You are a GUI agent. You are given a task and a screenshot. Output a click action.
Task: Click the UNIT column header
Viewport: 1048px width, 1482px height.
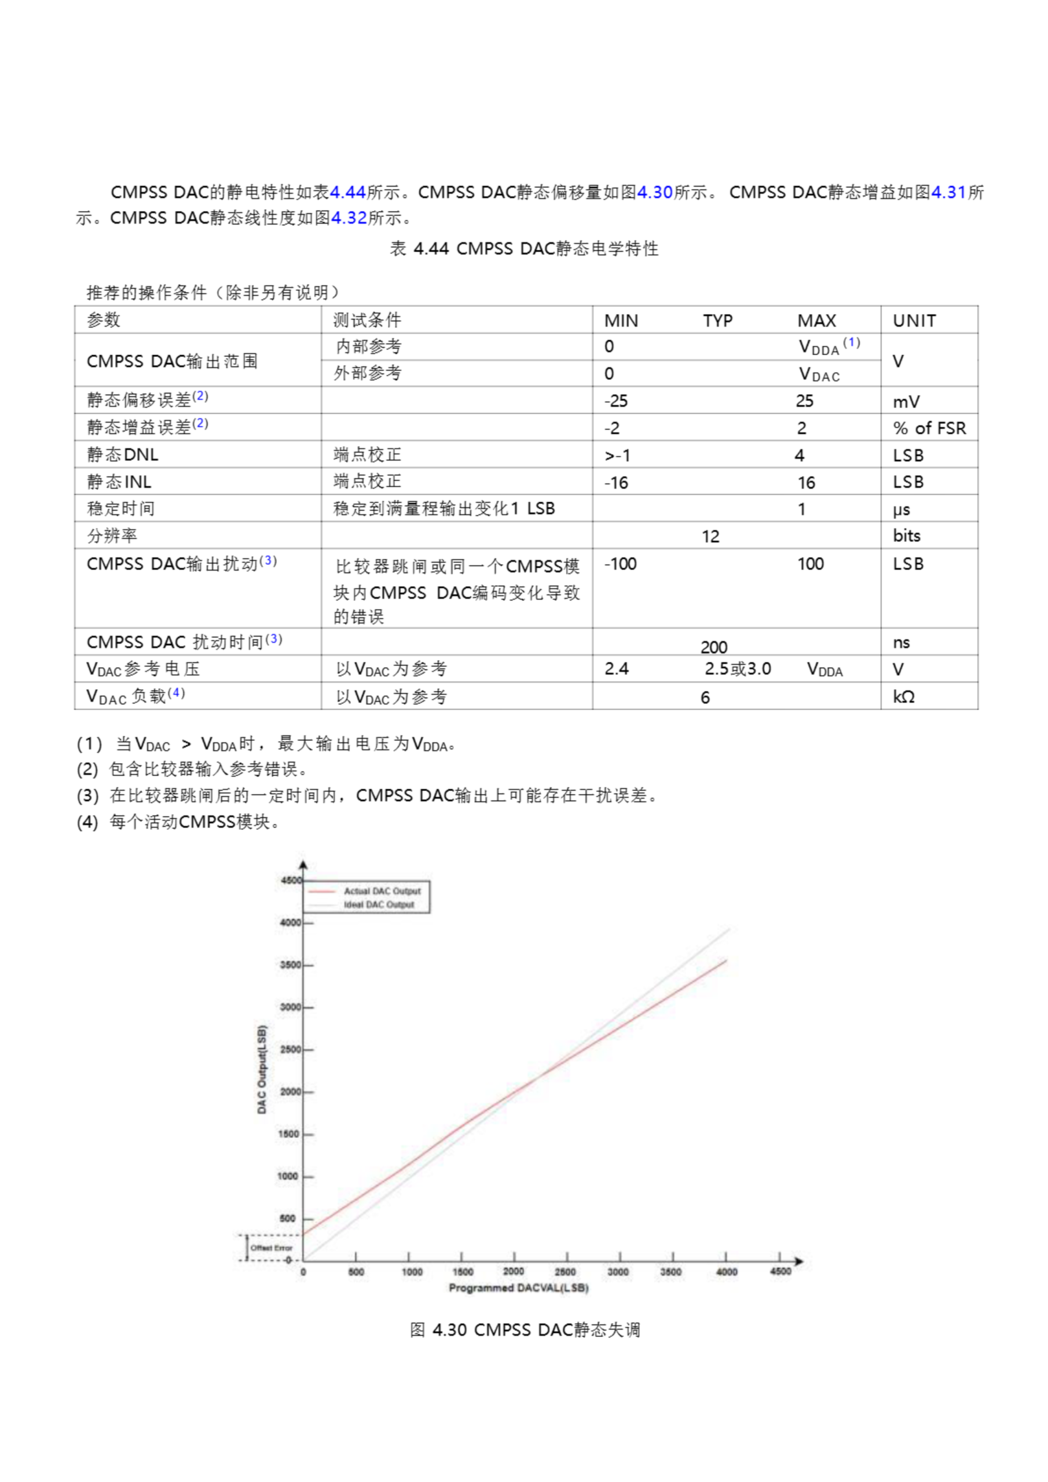[x=914, y=320]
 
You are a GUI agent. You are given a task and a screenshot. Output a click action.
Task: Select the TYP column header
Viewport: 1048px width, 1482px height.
[x=717, y=320]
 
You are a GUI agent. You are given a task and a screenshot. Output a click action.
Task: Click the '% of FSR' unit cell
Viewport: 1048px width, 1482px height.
[x=929, y=428]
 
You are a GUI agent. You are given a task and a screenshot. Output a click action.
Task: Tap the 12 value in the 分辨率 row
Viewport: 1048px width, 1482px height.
[x=710, y=537]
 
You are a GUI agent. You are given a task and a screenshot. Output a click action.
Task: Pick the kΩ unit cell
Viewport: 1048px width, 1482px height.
[x=903, y=696]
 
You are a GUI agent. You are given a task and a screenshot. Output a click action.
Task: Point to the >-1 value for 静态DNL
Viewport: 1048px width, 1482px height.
[x=617, y=456]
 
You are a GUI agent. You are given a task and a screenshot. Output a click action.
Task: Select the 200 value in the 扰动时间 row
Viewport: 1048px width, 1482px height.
[x=713, y=647]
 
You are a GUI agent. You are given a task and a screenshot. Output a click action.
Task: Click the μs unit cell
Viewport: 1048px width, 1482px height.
[x=902, y=509]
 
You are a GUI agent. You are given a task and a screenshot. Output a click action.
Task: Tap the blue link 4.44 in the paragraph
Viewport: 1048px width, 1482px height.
[x=347, y=192]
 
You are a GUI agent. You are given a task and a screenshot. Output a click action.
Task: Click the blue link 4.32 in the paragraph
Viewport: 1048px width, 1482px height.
[x=349, y=218]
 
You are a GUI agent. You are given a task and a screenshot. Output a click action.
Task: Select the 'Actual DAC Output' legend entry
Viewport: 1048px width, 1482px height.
[x=382, y=891]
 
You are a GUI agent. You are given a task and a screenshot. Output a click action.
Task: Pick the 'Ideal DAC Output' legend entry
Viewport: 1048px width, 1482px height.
[x=379, y=904]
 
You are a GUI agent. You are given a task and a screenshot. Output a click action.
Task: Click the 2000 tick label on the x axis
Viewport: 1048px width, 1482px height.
[x=514, y=1272]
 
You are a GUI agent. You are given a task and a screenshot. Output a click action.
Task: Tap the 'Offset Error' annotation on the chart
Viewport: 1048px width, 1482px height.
[x=271, y=1248]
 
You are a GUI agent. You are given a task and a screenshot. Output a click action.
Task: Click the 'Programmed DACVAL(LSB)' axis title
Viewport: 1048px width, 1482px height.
[x=519, y=1287]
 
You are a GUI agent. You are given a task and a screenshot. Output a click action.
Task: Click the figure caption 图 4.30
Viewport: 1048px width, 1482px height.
[x=525, y=1330]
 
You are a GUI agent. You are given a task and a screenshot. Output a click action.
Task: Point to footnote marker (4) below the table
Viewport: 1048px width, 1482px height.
[x=87, y=822]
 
